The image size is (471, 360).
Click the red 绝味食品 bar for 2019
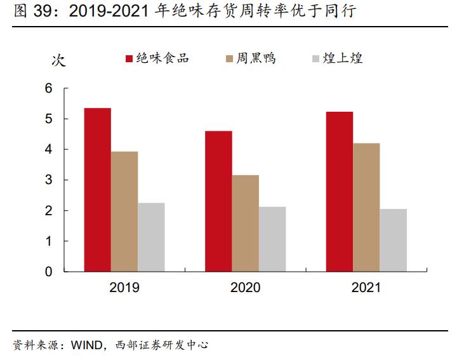point(97,190)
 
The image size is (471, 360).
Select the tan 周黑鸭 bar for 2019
point(124,211)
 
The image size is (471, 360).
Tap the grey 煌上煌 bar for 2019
point(151,237)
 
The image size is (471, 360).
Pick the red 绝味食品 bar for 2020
point(218,201)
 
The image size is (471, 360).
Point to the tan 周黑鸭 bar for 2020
point(245,223)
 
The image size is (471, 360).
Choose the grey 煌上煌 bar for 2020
point(272,239)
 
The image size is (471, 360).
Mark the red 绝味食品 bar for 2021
point(340,192)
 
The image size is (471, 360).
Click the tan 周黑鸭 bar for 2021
point(366,208)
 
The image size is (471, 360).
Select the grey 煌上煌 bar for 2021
point(394,240)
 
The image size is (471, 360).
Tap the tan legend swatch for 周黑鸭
point(230,59)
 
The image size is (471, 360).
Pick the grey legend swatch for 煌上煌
point(315,59)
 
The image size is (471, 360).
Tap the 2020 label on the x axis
point(245,288)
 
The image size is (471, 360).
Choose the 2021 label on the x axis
point(366,288)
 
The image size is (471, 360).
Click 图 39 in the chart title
point(29,12)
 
